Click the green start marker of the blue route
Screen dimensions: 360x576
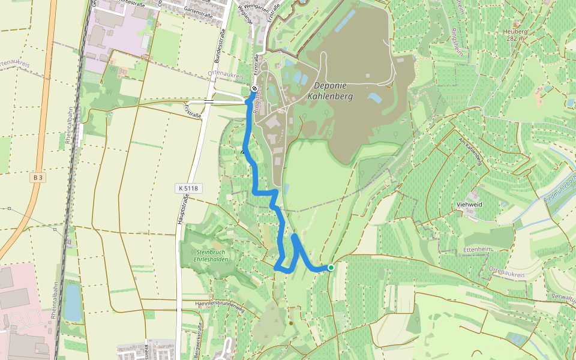click(x=331, y=267)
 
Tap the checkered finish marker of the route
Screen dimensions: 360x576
click(x=254, y=89)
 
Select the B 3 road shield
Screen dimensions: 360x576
click(x=38, y=178)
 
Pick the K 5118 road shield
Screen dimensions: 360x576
click(x=187, y=188)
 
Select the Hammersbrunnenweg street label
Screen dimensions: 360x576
click(x=220, y=304)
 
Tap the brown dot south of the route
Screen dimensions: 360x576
click(x=291, y=323)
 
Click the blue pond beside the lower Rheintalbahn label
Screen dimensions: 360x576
click(x=73, y=302)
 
